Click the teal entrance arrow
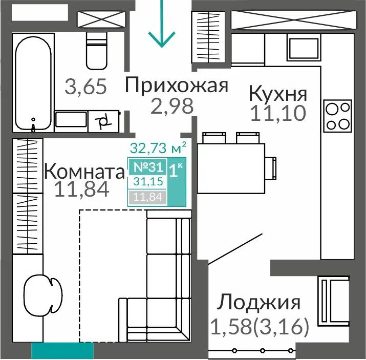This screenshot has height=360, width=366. point(162,24)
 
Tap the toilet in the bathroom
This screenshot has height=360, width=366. point(96,51)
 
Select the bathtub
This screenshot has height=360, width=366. point(33,83)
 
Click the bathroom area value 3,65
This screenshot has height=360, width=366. point(85,87)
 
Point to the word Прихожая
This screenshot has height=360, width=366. point(177,86)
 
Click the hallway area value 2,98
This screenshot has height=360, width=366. point(173,106)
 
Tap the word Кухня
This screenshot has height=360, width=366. point(278,94)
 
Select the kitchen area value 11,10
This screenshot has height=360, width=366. point(278,113)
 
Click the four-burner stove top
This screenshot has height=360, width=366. point(337,116)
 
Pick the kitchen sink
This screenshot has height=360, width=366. point(304,48)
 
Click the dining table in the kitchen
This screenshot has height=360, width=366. point(231,168)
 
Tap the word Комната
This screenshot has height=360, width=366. point(84,172)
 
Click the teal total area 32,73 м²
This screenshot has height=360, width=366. point(158,148)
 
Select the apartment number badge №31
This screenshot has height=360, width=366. point(148,167)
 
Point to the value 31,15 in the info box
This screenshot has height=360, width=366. point(148,181)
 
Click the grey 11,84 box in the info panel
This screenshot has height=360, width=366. point(147,197)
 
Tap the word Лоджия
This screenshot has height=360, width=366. point(259,303)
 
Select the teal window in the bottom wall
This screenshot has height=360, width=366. point(62,350)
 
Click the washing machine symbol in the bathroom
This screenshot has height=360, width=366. point(103,121)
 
